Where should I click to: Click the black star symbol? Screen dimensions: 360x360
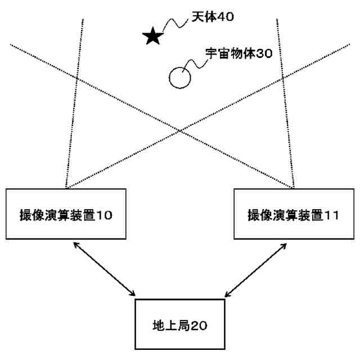pos(152,37)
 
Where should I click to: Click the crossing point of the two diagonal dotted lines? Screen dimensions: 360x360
pos(180,130)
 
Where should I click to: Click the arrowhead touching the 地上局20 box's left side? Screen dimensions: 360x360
pos(133,294)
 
